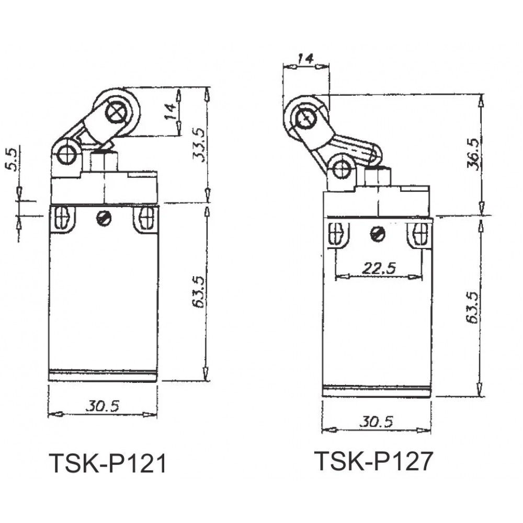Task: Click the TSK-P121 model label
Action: (108, 463)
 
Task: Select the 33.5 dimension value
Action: (199, 145)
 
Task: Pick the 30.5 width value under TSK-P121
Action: (103, 406)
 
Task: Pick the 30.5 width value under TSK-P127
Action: (377, 422)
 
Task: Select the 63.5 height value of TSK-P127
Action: (473, 307)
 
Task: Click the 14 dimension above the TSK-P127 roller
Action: (305, 59)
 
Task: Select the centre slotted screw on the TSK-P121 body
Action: (102, 219)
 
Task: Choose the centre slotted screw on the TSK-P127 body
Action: (377, 234)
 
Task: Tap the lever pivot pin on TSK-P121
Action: (66, 155)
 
